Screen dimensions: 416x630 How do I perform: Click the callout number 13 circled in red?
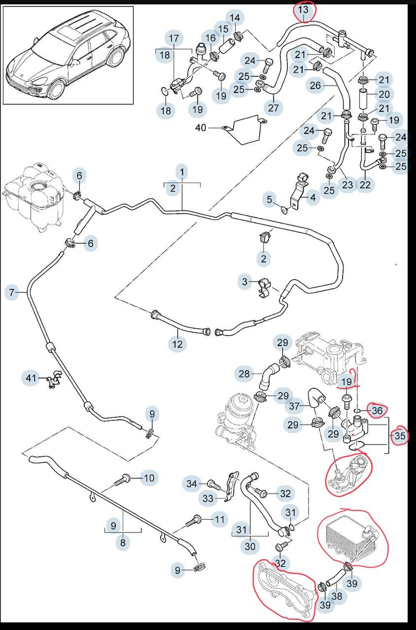pyautogui.click(x=303, y=10)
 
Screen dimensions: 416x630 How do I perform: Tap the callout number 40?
pyautogui.click(x=201, y=128)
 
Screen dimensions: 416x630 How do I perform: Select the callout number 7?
pyautogui.click(x=11, y=292)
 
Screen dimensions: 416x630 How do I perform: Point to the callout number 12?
pyautogui.click(x=177, y=344)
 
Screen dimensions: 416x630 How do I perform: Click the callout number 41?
pyautogui.click(x=31, y=378)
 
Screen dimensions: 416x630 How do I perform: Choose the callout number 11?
pyautogui.click(x=220, y=519)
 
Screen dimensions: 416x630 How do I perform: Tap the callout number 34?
pyautogui.click(x=192, y=483)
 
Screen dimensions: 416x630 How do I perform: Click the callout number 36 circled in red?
pyautogui.click(x=377, y=411)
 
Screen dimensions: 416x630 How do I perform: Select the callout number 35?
pyautogui.click(x=400, y=436)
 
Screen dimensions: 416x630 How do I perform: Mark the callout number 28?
pyautogui.click(x=244, y=374)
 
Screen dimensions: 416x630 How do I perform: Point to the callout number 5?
pyautogui.click(x=269, y=199)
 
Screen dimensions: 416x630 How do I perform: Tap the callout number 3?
pyautogui.click(x=244, y=282)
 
